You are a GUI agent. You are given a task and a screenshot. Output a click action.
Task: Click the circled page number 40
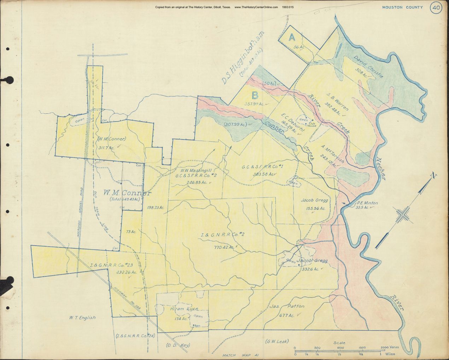(x=436, y=8)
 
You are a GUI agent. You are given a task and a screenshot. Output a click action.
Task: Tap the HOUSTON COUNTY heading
(x=402, y=7)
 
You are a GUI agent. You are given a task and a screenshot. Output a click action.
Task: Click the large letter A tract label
(x=292, y=37)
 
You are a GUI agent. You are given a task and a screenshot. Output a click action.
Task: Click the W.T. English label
(x=82, y=318)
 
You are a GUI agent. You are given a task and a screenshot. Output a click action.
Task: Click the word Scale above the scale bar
(x=339, y=343)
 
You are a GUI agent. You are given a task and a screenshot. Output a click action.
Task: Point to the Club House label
(x=312, y=124)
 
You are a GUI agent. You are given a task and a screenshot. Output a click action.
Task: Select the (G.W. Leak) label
(x=277, y=341)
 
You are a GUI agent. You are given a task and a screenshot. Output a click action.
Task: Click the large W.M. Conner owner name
(x=127, y=193)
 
